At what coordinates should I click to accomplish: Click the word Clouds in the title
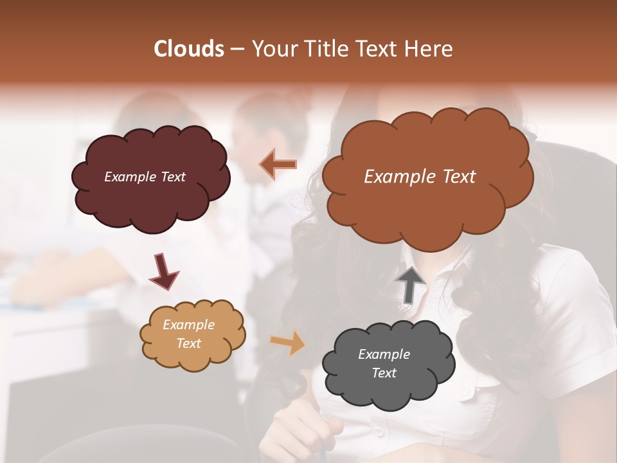click(188, 49)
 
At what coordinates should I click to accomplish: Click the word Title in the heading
click(329, 49)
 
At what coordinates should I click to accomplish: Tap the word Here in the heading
click(429, 49)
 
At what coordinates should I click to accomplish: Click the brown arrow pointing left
click(278, 165)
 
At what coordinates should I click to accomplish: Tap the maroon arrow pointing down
click(163, 271)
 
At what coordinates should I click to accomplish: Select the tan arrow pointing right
click(287, 342)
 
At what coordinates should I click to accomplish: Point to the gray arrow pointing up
click(411, 284)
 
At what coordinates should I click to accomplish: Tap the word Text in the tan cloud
click(189, 343)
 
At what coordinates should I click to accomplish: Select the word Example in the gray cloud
click(384, 354)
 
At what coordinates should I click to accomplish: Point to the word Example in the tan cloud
click(189, 325)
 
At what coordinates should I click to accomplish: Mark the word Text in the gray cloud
click(384, 373)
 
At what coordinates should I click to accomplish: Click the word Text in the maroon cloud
click(172, 177)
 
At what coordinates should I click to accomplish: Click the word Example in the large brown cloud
click(395, 177)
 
